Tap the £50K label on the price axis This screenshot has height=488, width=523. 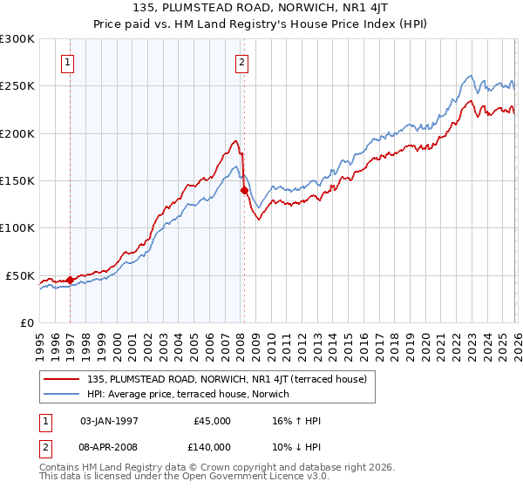coord(21,275)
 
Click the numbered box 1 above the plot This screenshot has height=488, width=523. coord(69,62)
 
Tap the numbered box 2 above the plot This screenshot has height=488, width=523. coord(241,62)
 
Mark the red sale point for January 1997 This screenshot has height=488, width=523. coord(70,281)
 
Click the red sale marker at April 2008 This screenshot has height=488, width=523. coord(244,190)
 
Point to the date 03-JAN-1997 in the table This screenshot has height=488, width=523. coord(109,421)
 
